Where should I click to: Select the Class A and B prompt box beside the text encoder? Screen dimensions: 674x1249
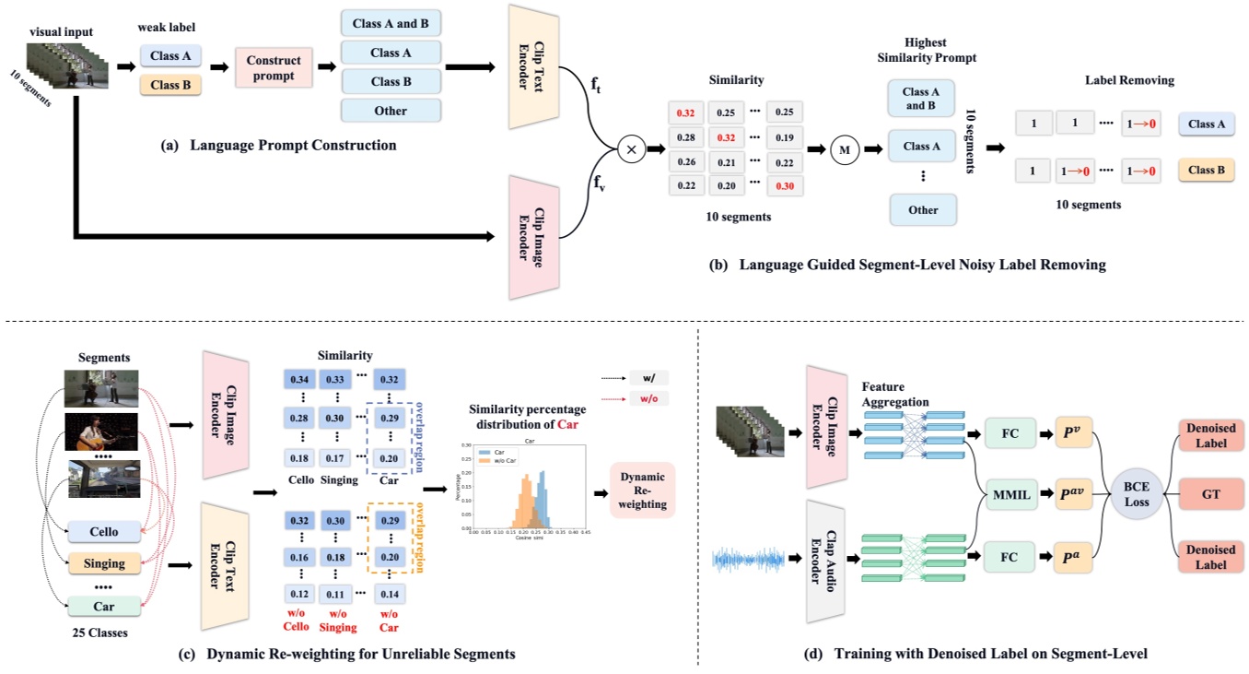pos(391,22)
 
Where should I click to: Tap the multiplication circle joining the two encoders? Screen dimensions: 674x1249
pos(632,148)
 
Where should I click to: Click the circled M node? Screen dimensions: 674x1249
pos(840,148)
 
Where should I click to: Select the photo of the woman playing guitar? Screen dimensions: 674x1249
pos(102,432)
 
